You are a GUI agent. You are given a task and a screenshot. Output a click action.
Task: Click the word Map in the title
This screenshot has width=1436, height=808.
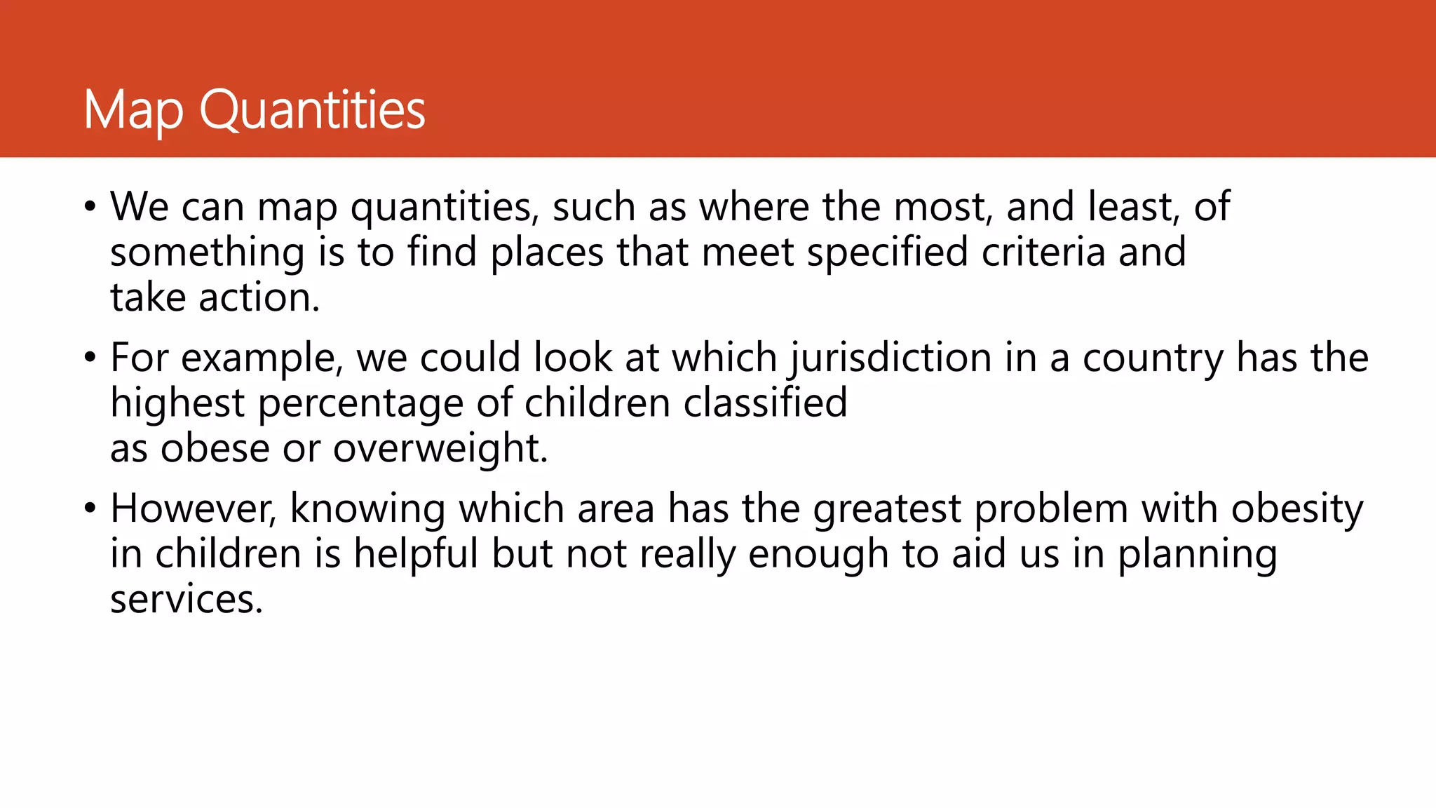point(133,110)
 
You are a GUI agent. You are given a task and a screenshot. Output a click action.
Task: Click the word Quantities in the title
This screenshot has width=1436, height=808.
point(313,110)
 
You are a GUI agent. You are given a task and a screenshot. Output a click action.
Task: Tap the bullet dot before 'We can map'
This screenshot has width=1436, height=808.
point(89,207)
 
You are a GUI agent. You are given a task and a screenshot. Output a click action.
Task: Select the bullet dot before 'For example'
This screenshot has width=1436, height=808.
point(89,358)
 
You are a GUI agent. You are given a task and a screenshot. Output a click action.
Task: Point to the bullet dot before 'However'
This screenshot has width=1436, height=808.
point(89,509)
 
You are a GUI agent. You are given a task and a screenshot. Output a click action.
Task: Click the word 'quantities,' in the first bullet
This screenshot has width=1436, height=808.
point(445,208)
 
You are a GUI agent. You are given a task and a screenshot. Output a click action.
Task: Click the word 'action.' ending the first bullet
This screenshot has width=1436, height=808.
point(259,297)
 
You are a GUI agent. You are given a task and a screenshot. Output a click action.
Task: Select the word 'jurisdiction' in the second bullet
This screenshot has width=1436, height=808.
point(890,359)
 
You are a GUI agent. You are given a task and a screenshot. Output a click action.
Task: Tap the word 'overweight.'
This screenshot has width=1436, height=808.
point(440,449)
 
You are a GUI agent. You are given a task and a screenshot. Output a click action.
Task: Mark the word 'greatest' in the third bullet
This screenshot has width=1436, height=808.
point(887,510)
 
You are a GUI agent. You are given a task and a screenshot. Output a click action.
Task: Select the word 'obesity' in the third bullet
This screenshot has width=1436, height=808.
point(1297,510)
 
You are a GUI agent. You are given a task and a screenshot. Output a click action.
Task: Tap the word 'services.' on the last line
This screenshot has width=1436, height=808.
point(187,600)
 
